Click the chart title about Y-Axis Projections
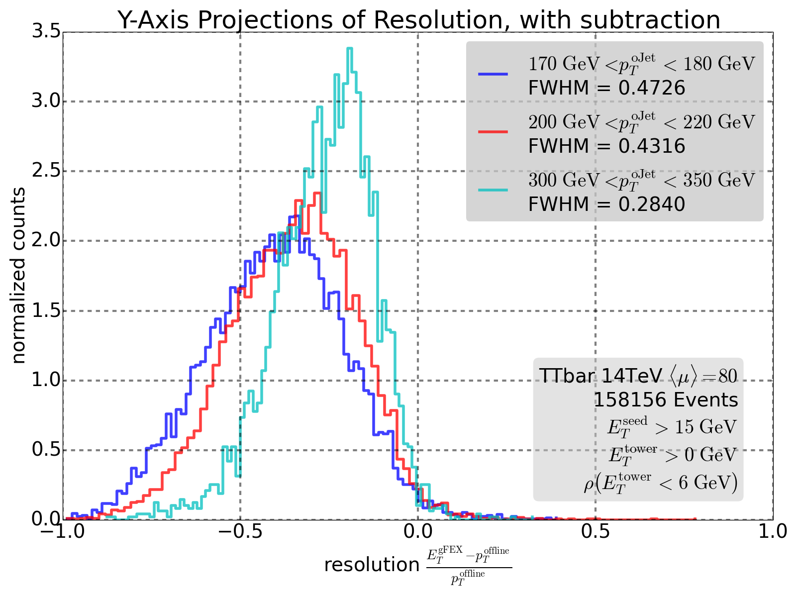pos(419,20)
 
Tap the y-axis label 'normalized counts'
pos(18,276)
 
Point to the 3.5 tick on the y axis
pos(46,32)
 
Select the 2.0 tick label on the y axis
pos(46,241)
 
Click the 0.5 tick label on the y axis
pos(46,450)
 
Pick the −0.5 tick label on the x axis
pos(240,531)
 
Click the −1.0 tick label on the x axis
pos(63,531)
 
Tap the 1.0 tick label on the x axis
pos(773,531)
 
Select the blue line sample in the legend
pos(493,74)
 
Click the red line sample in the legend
pos(493,132)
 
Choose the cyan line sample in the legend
pos(493,190)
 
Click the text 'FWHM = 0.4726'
pos(606,88)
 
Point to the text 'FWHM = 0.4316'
pos(606,146)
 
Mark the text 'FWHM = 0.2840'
pos(606,204)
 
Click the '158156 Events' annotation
pos(666,400)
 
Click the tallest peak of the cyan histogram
pos(350,49)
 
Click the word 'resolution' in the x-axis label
pos(372,565)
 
